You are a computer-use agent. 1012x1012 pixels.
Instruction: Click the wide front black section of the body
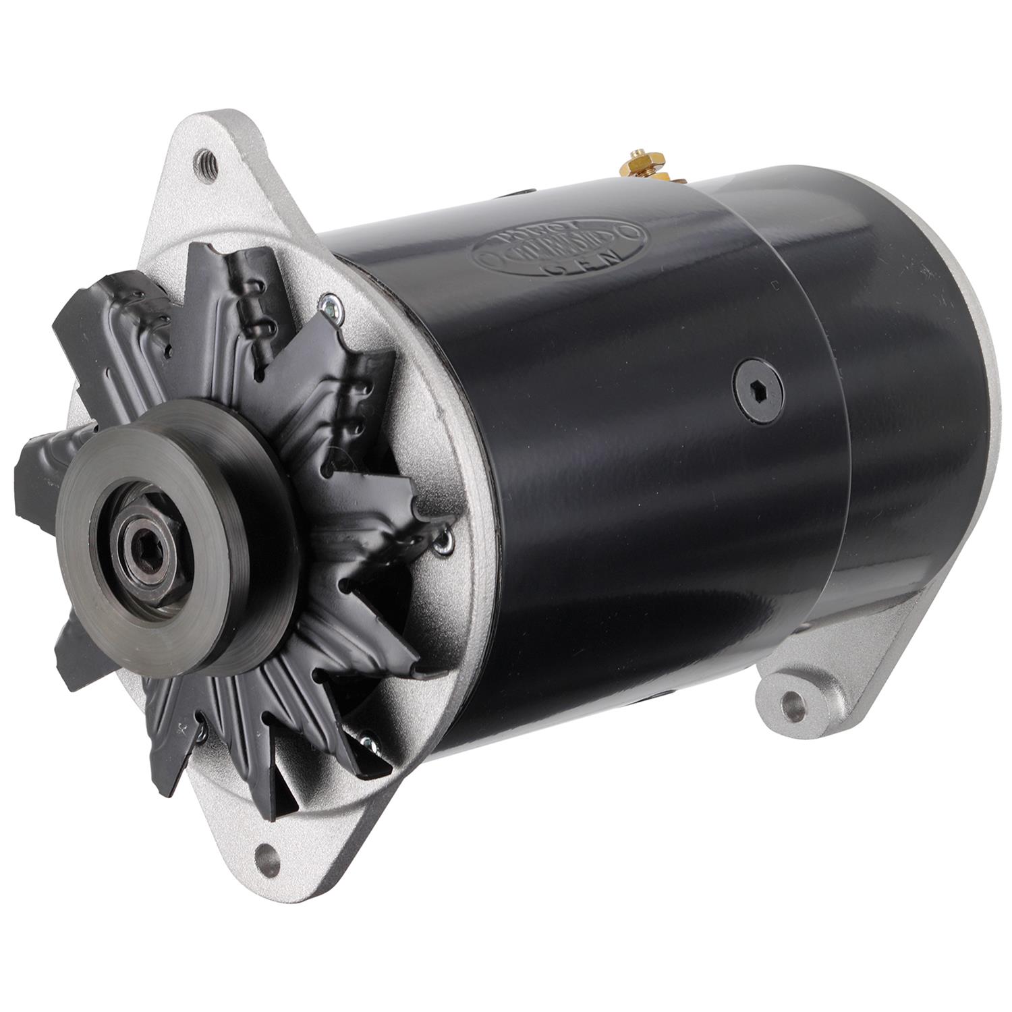pos(607,472)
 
